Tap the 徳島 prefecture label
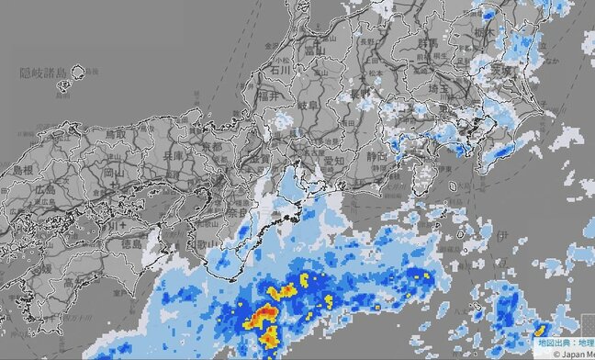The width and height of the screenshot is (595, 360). point(129,245)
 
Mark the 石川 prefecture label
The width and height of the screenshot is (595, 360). point(277,68)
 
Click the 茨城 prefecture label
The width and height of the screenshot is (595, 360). point(523,70)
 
